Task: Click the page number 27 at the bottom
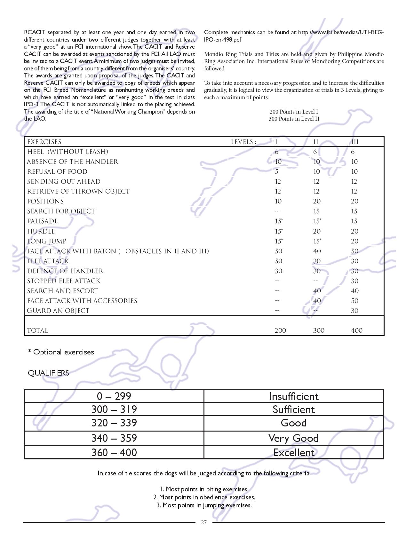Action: click(x=204, y=522)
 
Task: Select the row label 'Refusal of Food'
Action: click(x=57, y=172)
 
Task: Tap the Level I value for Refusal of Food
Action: click(x=277, y=172)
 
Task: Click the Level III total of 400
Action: click(x=357, y=330)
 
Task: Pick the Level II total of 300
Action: click(x=319, y=330)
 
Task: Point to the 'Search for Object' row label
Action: click(x=61, y=211)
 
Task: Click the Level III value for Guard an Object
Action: click(x=354, y=311)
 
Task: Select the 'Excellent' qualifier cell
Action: click(x=294, y=453)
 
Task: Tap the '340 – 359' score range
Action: click(x=114, y=438)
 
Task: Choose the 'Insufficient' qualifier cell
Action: click(x=294, y=396)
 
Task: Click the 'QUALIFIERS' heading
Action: click(x=48, y=373)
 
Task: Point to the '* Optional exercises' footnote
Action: click(x=61, y=352)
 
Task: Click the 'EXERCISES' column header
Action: click(x=44, y=142)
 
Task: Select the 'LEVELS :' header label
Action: click(x=244, y=142)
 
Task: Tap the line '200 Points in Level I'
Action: click(x=294, y=112)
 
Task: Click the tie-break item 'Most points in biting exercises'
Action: click(x=204, y=489)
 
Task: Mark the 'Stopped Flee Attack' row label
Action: click(x=64, y=281)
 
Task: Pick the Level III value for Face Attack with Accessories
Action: click(x=354, y=301)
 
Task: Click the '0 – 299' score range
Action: click(x=114, y=396)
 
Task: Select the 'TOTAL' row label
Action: click(x=38, y=330)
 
